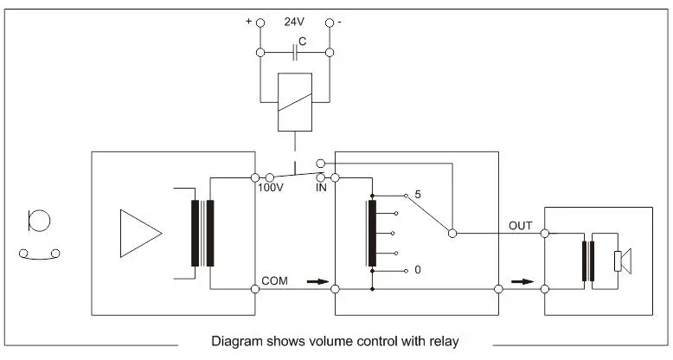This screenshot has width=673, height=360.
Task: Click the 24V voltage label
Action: click(x=295, y=22)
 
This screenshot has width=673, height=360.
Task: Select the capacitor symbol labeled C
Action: click(x=295, y=53)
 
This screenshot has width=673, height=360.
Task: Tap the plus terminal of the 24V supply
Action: click(x=260, y=23)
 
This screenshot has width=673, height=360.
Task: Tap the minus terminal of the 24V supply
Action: click(x=330, y=23)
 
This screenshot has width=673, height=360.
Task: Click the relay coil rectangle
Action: click(x=295, y=102)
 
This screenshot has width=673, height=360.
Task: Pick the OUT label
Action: click(x=520, y=225)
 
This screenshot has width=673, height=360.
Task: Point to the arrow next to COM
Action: click(x=317, y=281)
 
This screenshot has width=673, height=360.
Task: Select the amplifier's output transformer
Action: click(x=202, y=234)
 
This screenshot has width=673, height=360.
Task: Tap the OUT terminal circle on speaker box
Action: click(x=544, y=233)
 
